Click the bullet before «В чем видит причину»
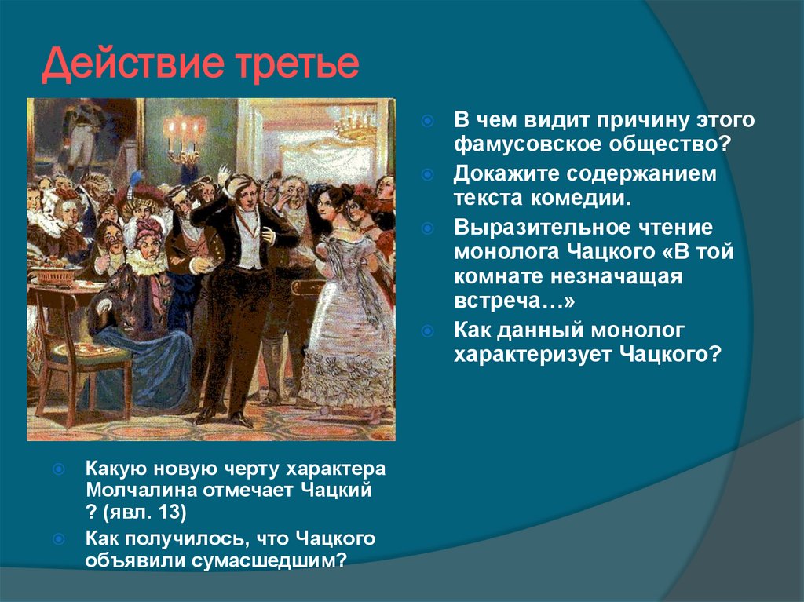427,122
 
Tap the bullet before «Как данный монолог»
427,330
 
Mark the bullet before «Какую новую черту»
59,469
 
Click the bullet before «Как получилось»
59,539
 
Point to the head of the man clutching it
237,188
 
